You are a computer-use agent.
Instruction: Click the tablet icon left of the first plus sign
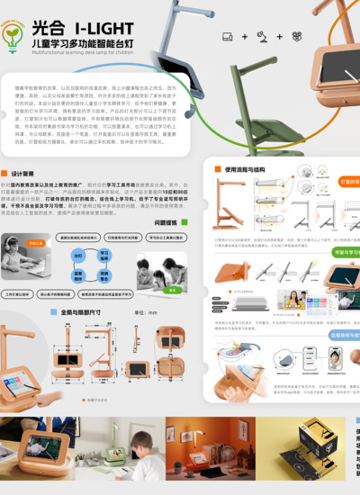click(229, 36)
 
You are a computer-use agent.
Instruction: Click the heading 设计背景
click(23, 173)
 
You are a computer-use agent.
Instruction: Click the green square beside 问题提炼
click(184, 221)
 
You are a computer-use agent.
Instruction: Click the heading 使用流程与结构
click(247, 168)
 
